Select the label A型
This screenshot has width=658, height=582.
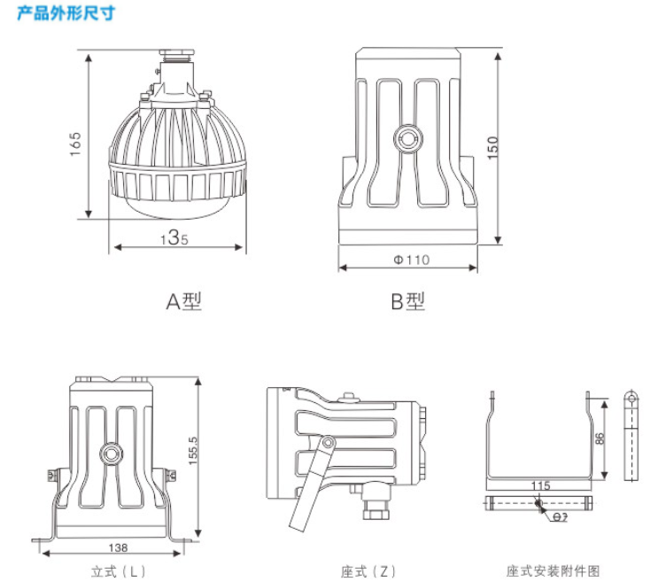(184, 301)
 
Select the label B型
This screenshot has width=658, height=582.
(408, 301)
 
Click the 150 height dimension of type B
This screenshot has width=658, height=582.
(493, 146)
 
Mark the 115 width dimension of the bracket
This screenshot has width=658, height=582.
(541, 485)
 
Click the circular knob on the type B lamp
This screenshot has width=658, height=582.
(409, 137)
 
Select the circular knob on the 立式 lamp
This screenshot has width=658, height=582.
(112, 451)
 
